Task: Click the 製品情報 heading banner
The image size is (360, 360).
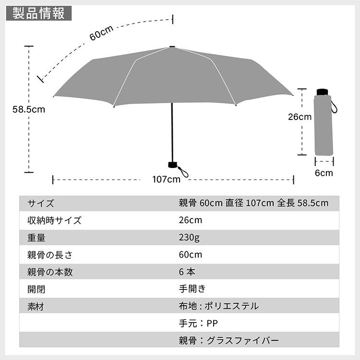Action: pyautogui.click(x=39, y=13)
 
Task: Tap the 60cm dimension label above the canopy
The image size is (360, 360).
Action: pyautogui.click(x=101, y=33)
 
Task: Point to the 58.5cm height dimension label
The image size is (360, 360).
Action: pyautogui.click(x=29, y=109)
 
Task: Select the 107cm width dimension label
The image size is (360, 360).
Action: pyautogui.click(x=167, y=180)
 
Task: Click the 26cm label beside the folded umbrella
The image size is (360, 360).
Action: pyautogui.click(x=300, y=117)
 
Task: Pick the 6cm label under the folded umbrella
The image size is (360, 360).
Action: pyautogui.click(x=324, y=173)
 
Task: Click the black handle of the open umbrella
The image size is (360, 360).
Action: pyautogui.click(x=173, y=165)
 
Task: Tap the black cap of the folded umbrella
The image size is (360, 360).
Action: pyautogui.click(x=323, y=92)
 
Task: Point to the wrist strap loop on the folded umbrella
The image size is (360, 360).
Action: pyautogui.click(x=334, y=107)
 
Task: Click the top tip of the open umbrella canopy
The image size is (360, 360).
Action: pyautogui.click(x=172, y=47)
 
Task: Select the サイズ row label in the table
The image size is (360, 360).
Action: pyautogui.click(x=41, y=203)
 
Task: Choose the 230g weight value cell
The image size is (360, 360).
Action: pyautogui.click(x=189, y=238)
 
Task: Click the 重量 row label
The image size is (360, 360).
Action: pyautogui.click(x=36, y=238)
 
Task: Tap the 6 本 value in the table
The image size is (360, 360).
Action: pyautogui.click(x=187, y=272)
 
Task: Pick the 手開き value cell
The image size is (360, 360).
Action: pyautogui.click(x=192, y=289)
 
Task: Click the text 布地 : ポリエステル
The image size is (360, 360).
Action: pyautogui.click(x=219, y=306)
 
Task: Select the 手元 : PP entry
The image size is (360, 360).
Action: pyautogui.click(x=198, y=323)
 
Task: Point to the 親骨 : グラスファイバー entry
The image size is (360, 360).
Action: pyautogui.click(x=229, y=340)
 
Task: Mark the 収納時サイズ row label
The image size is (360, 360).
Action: pyautogui.click(x=54, y=220)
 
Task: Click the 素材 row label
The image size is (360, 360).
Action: pyautogui.click(x=36, y=307)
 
